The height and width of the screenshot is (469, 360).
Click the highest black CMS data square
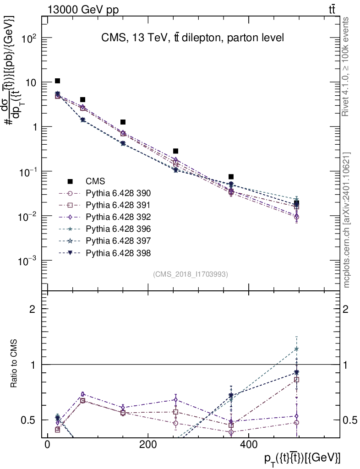57,81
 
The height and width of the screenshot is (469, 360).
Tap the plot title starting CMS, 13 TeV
192,38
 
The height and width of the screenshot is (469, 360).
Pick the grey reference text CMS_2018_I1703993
191,274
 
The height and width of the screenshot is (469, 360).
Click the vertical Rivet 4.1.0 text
346,66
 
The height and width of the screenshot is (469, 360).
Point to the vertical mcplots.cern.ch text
347,220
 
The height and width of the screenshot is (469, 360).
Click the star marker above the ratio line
297,349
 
